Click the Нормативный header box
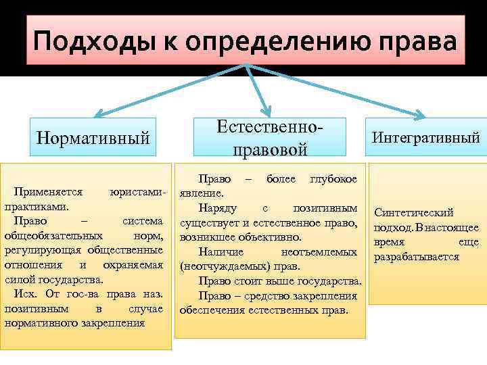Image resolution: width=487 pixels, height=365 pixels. tap(93, 138)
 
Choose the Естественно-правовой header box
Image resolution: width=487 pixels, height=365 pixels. tap(269, 137)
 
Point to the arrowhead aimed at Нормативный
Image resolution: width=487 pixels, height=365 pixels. tap(96, 114)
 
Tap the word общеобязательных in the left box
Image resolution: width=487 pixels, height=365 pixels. tap(53, 235)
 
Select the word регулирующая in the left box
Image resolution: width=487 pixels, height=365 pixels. tap(41, 249)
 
